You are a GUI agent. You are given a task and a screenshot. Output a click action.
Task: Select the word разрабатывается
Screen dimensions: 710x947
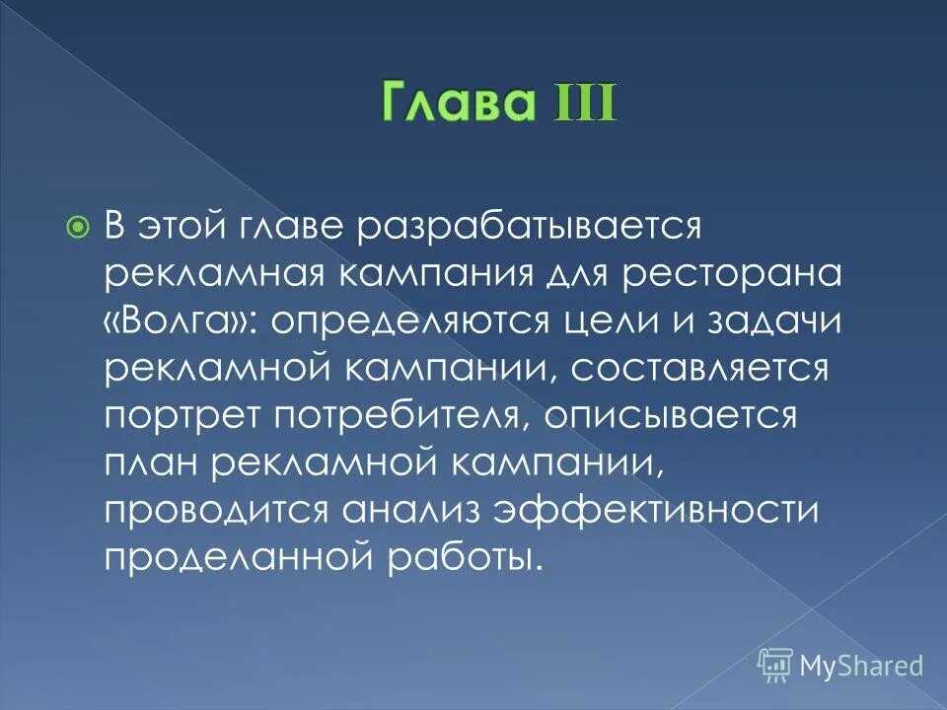[520, 226]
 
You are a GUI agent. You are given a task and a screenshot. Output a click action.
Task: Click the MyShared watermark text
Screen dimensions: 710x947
[860, 665]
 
